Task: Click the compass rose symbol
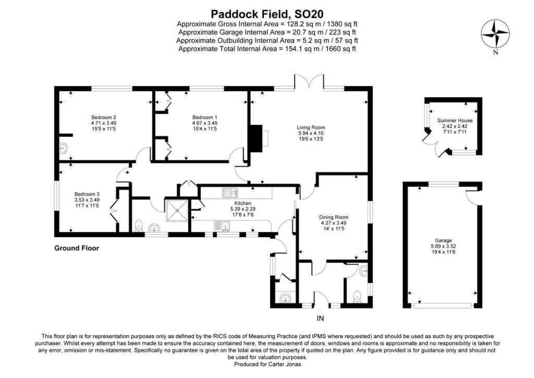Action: pos(495,34)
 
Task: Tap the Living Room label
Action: pos(311,127)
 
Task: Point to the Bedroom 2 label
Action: pos(103,117)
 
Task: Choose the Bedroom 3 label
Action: pos(87,194)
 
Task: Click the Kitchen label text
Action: pos(242,203)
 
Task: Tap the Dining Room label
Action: pos(333,217)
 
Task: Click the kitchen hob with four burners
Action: pos(230,193)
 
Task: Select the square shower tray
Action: pos(178,210)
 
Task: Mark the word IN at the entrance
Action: pos(320,317)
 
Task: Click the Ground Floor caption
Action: pos(77,249)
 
